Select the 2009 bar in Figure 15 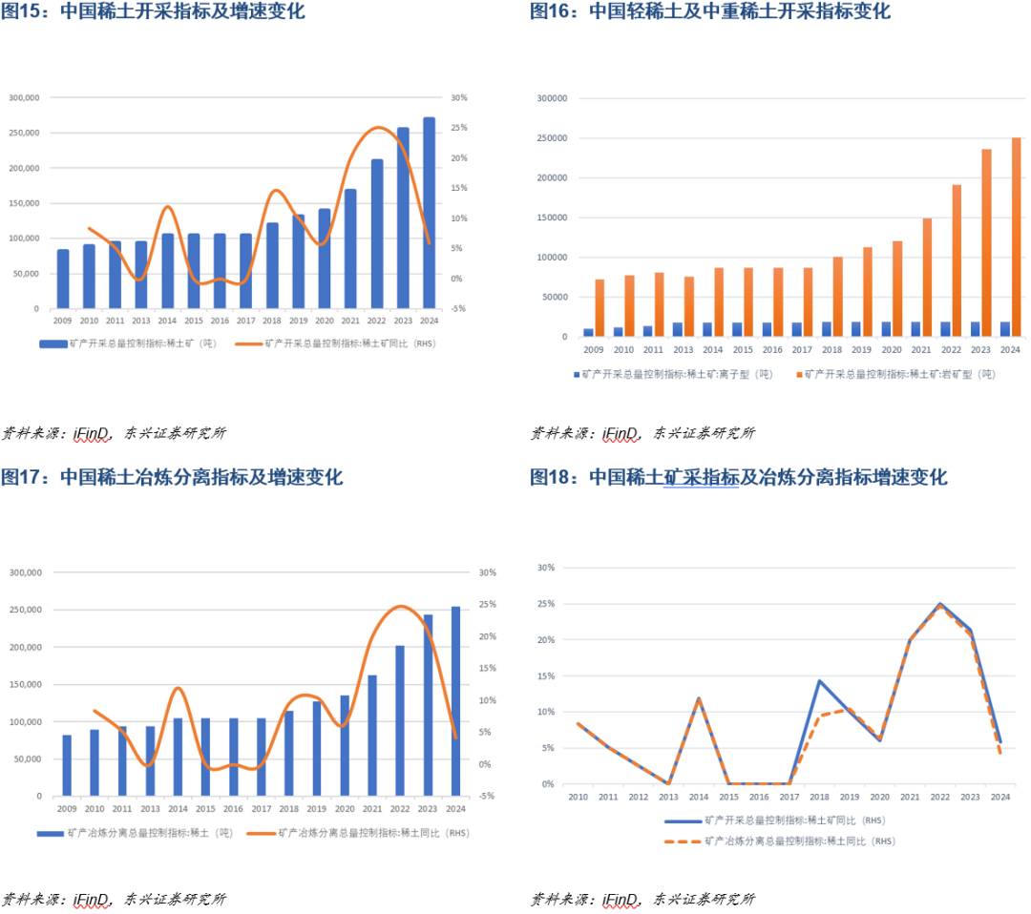[63, 280]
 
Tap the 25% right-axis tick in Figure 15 [458, 128]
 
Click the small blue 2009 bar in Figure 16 [589, 332]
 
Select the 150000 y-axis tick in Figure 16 [552, 218]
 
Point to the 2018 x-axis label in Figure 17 [288, 808]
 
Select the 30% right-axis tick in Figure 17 [487, 572]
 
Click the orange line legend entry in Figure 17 [358, 833]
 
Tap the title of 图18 [739, 477]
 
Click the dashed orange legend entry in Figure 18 [779, 841]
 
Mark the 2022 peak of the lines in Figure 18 [940, 604]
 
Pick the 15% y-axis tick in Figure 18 [546, 676]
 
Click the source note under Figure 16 [642, 433]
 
